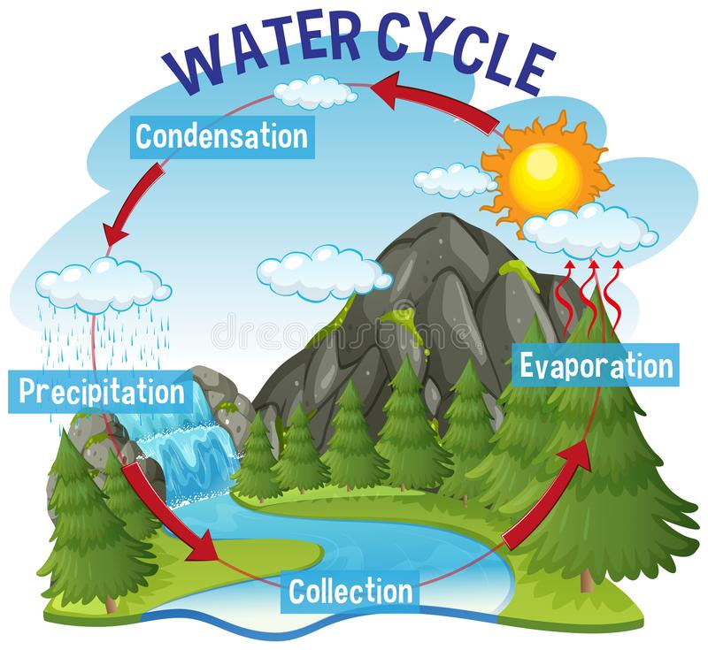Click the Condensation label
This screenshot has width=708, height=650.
(x=222, y=137)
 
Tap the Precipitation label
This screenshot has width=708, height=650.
(x=101, y=392)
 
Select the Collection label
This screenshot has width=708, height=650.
(x=350, y=592)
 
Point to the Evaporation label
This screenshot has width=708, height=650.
(x=596, y=365)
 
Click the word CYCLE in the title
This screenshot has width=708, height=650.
(x=466, y=55)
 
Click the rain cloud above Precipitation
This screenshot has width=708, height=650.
(x=103, y=285)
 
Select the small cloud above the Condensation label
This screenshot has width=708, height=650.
(x=315, y=92)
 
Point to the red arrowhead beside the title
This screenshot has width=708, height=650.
(x=388, y=89)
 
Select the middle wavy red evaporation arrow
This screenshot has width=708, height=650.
(x=589, y=294)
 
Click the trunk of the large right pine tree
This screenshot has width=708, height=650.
(x=586, y=581)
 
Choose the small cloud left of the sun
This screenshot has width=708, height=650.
(x=455, y=180)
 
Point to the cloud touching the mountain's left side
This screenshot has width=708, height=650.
(x=323, y=273)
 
